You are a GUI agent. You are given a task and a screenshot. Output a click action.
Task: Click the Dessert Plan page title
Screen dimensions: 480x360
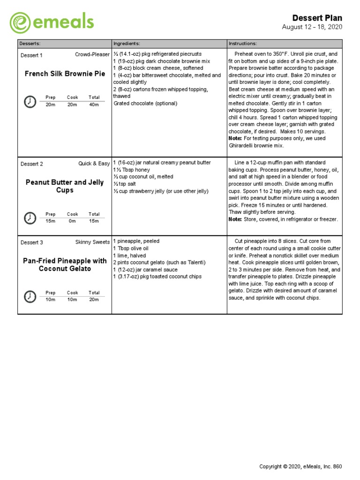click(317, 18)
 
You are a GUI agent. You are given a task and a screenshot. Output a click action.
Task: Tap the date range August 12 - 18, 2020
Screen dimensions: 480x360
click(312, 27)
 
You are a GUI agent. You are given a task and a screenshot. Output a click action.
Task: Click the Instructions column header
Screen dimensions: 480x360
click(243, 44)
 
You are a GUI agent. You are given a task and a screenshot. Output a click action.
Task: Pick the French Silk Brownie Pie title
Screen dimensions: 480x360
click(65, 74)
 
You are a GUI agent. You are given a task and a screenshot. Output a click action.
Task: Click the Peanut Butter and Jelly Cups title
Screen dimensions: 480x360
click(65, 186)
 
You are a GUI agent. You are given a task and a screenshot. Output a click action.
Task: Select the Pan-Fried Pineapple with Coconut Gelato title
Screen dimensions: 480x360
click(65, 265)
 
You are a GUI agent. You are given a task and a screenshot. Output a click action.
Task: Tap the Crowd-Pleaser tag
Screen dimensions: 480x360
click(92, 55)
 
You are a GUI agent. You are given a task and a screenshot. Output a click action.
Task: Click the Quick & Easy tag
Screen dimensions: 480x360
click(94, 164)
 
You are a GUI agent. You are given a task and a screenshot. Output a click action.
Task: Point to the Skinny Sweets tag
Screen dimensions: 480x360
click(92, 242)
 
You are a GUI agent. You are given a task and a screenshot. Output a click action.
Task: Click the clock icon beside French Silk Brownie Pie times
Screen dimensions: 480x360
click(30, 101)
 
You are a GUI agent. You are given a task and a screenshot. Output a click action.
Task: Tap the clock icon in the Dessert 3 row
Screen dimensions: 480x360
click(30, 296)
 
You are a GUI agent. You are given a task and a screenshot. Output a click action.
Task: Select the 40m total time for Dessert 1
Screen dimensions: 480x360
click(94, 105)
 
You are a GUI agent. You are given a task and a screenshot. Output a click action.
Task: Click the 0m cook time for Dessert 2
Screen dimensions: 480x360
click(72, 221)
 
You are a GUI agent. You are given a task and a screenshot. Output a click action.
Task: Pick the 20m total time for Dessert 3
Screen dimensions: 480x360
click(94, 300)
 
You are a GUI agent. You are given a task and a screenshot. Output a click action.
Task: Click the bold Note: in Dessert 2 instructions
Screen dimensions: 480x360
click(235, 219)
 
